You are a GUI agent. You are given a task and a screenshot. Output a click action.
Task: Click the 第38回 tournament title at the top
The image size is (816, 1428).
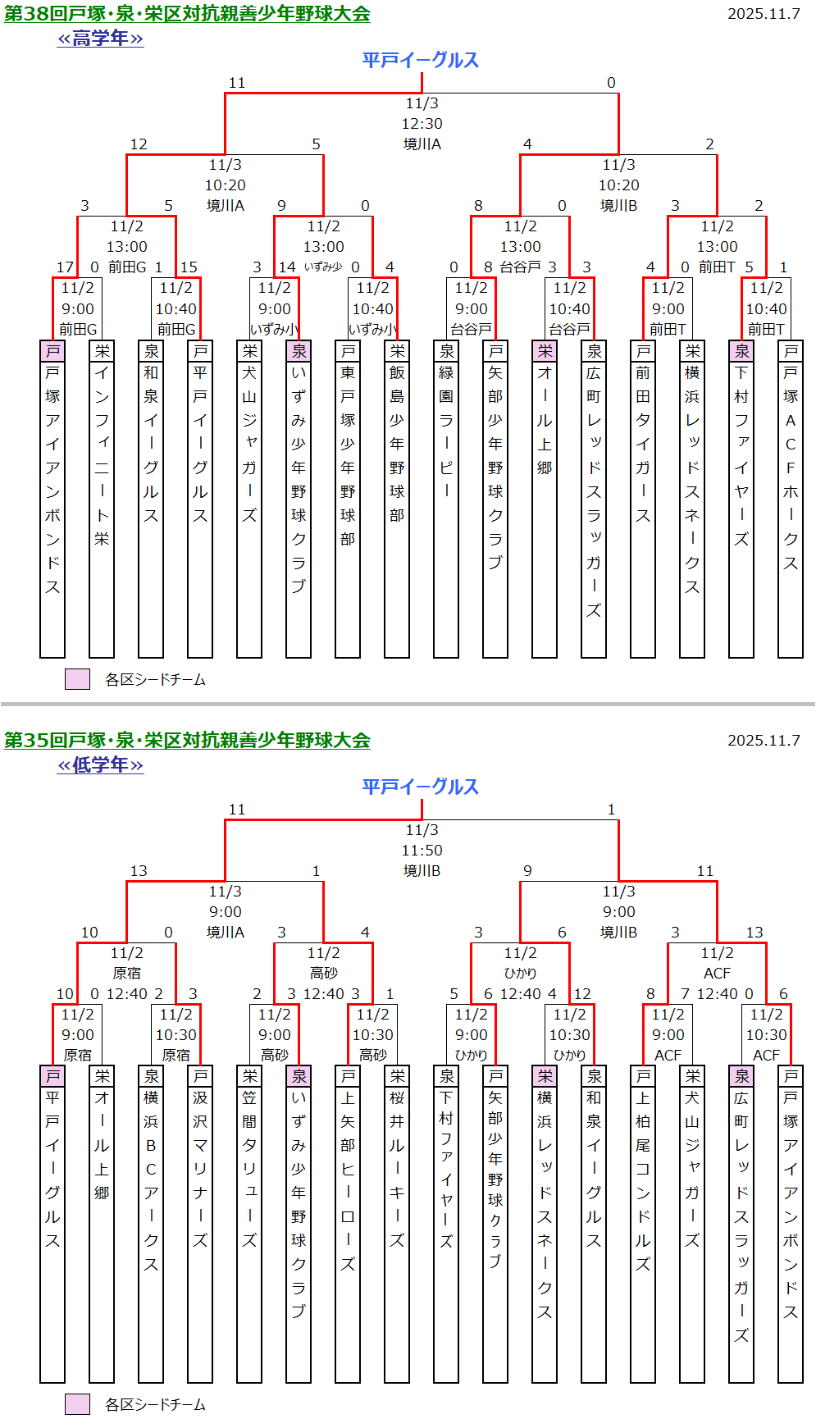[187, 14]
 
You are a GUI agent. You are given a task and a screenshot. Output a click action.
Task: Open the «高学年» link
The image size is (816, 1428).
[100, 39]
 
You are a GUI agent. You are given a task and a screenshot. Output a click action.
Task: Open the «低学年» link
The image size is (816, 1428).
[100, 765]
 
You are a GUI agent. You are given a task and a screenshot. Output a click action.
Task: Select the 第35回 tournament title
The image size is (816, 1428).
[187, 741]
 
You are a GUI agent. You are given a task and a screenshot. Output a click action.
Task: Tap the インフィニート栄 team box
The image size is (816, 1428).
[102, 499]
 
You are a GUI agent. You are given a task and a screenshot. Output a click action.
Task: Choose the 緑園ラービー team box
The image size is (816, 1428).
[446, 499]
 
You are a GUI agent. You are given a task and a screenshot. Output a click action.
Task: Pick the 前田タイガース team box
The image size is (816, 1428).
[643, 499]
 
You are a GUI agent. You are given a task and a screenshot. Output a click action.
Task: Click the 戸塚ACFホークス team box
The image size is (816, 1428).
[791, 499]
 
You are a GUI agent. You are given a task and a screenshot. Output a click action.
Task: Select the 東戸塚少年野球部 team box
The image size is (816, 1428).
[348, 499]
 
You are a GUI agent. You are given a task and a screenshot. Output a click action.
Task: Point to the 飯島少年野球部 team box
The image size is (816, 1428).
[397, 499]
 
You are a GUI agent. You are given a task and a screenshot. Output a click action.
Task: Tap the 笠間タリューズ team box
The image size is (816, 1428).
[249, 1224]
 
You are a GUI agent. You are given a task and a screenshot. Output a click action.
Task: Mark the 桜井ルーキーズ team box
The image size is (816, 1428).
[397, 1224]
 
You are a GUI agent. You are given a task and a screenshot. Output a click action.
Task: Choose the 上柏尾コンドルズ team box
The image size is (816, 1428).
[643, 1224]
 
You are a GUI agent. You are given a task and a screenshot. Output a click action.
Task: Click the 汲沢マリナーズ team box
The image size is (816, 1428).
[200, 1224]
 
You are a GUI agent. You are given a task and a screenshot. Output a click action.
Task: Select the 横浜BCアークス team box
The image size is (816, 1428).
[151, 1224]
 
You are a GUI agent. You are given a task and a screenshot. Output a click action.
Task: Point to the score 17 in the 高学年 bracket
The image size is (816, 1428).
[65, 267]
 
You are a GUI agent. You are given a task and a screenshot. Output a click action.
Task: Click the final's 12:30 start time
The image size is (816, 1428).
[422, 124]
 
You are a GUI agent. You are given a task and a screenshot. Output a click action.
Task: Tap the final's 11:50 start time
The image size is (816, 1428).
[422, 851]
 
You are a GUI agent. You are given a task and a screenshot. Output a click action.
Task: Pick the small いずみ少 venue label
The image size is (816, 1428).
[323, 267]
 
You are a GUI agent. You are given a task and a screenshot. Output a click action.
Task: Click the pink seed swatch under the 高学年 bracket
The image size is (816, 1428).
[77, 679]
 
